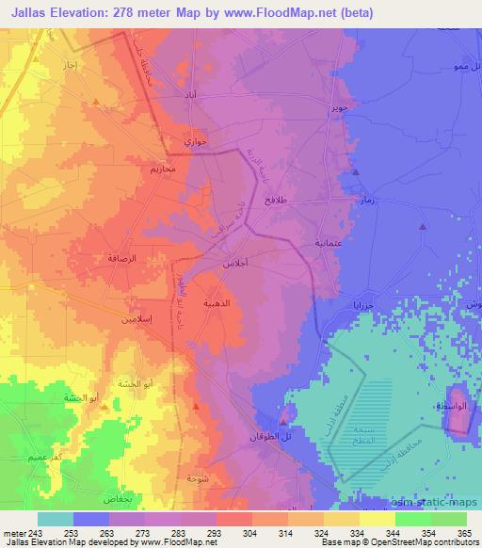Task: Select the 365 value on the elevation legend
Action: click(x=463, y=532)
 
